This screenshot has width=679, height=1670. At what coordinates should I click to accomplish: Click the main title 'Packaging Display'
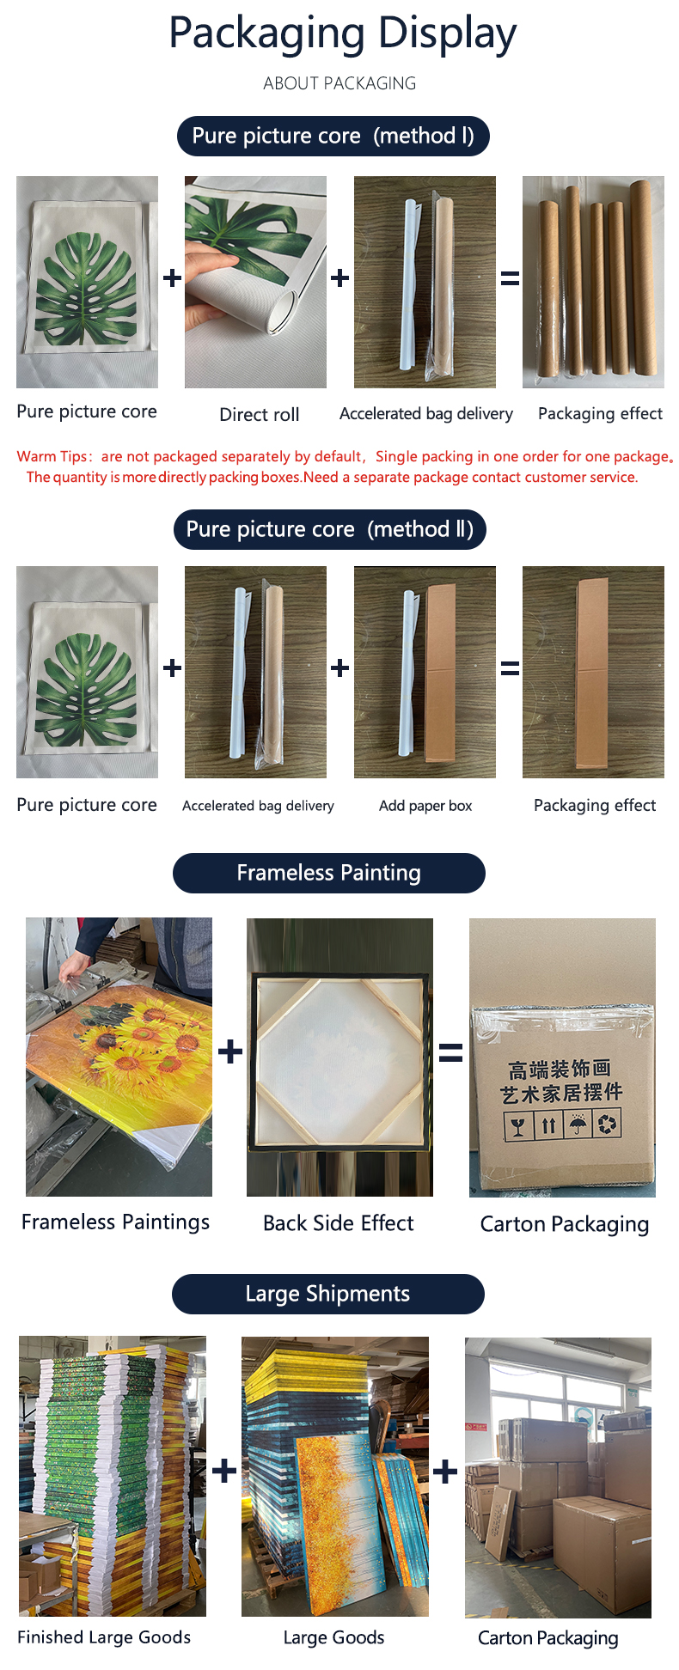pyautogui.click(x=342, y=34)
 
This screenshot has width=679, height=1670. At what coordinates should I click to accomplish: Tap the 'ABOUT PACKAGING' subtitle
pyautogui.click(x=339, y=83)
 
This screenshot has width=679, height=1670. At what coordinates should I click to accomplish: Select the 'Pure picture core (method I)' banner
pyautogui.click(x=333, y=136)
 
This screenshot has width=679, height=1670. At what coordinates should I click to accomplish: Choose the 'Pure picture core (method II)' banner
pyautogui.click(x=329, y=529)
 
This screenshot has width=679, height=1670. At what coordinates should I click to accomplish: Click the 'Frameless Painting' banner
pyautogui.click(x=328, y=873)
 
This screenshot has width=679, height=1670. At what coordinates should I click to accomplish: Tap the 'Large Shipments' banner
pyautogui.click(x=327, y=1294)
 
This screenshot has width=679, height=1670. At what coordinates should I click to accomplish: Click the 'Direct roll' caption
pyautogui.click(x=259, y=414)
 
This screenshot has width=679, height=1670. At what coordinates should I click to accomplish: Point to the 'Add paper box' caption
pyautogui.click(x=425, y=806)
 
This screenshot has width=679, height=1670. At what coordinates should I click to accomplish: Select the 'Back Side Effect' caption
pyautogui.click(x=338, y=1222)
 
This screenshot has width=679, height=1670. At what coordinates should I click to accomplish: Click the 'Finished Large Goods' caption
pyautogui.click(x=104, y=1637)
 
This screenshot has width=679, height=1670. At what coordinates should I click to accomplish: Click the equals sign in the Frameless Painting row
pyautogui.click(x=450, y=1052)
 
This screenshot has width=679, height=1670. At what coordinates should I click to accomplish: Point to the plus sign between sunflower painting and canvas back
pyautogui.click(x=229, y=1051)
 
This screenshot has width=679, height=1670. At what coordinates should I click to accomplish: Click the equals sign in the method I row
pyautogui.click(x=510, y=278)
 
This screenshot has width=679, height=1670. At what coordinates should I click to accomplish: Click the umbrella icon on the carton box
pyautogui.click(x=578, y=1124)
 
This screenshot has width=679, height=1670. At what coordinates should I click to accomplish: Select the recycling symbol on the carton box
pyautogui.click(x=607, y=1124)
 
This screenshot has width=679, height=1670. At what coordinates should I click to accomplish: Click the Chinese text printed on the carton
pyautogui.click(x=561, y=1081)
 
